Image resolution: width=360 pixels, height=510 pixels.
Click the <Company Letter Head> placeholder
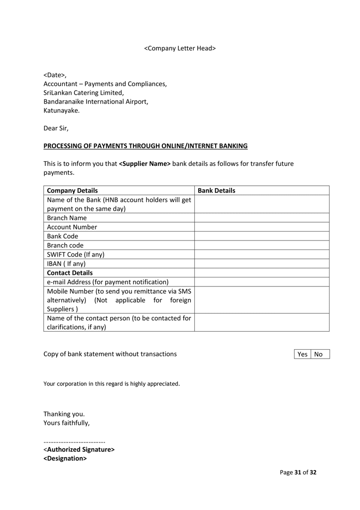[x=180, y=48]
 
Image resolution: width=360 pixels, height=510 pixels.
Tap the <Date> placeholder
[x=54, y=75]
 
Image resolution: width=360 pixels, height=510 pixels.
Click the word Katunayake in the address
[x=61, y=111]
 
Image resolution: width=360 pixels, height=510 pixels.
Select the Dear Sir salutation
[x=56, y=128]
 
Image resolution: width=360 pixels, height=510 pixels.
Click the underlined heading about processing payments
[x=145, y=146]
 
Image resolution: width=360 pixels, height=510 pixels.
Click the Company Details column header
[x=72, y=190]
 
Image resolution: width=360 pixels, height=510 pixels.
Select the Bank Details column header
[x=217, y=190]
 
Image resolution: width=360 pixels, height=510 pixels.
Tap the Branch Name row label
[x=67, y=218]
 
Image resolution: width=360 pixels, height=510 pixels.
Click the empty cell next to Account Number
[x=261, y=227]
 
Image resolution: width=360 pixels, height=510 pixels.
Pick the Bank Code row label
[x=62, y=236]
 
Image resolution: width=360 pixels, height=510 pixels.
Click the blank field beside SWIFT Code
[x=261, y=255]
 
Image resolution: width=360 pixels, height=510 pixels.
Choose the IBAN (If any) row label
[x=66, y=263]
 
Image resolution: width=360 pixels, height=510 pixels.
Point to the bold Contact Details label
[x=70, y=273]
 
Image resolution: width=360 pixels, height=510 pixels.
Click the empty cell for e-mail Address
[x=261, y=282]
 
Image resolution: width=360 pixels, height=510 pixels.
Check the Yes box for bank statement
[x=302, y=354]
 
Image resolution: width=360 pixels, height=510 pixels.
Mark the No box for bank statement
[x=319, y=354]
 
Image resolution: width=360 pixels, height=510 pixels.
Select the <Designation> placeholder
[x=65, y=458]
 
